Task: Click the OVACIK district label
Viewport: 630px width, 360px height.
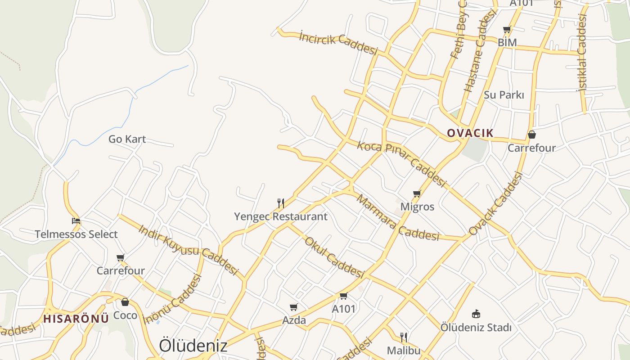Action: coord(470,133)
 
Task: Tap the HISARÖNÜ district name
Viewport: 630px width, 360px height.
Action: coord(76,319)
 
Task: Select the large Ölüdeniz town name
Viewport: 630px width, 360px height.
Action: coord(193,346)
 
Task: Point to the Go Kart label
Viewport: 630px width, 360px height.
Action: coord(127,139)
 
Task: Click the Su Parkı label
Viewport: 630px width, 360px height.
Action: coord(504,95)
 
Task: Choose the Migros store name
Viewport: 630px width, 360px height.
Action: coord(417,207)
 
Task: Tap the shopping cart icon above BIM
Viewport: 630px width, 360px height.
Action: coord(507,30)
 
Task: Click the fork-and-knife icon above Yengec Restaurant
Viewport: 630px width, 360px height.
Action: coord(281,203)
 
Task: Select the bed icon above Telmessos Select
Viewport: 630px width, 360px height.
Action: coord(76,221)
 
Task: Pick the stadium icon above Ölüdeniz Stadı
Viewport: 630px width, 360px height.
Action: coord(476,314)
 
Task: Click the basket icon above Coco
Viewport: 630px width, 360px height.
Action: coord(125,301)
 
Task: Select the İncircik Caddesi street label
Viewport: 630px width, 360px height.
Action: coord(338,43)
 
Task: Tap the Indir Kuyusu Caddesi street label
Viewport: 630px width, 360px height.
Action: coord(188,249)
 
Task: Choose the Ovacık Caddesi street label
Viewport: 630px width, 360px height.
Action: coord(495,204)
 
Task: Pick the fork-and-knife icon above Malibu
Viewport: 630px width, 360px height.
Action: coord(404,337)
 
